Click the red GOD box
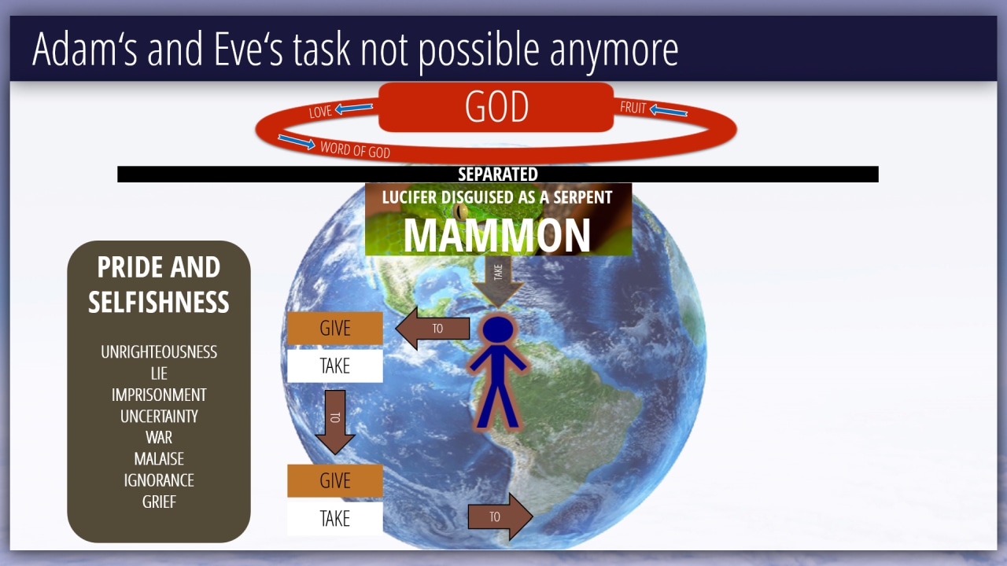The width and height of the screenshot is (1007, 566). pos(496,107)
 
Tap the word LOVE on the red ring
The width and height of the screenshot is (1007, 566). pos(320,112)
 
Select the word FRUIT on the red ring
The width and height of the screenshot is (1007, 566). pos(633,108)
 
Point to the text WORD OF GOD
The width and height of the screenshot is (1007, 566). pos(355,149)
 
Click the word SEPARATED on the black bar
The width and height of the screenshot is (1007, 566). pos(498,175)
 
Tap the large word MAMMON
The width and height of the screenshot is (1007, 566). pos(496,235)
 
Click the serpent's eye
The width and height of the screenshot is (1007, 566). pos(460,210)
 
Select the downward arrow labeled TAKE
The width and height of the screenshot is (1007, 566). pos(498,281)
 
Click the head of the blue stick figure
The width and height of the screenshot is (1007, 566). pos(498,329)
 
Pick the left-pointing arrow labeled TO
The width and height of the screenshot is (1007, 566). pos(433,329)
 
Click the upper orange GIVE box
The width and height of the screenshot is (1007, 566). pos(335,329)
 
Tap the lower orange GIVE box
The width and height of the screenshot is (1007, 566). pos(335,480)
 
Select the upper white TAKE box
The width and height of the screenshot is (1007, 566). pos(335,366)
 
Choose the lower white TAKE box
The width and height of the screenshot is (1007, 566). pos(335,518)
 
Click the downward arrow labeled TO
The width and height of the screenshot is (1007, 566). pos(335,422)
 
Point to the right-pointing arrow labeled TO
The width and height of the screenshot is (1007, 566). pos(500,516)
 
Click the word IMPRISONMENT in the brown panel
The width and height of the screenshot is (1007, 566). pos(159,395)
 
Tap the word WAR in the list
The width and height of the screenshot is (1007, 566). pos(159,437)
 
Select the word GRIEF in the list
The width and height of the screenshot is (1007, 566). pos(159,502)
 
